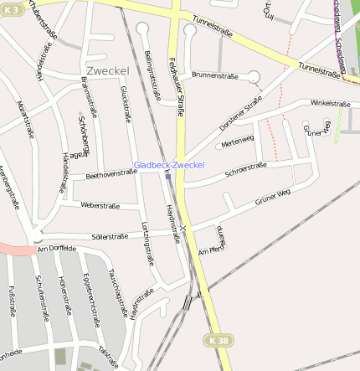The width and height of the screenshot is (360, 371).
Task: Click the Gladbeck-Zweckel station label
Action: click(x=169, y=165)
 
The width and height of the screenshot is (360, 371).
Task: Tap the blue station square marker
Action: click(x=168, y=176)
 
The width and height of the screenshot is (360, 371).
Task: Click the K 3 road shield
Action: click(x=12, y=7)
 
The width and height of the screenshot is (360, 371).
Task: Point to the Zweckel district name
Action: click(x=106, y=70)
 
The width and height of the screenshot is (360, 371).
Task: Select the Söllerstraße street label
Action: click(x=110, y=236)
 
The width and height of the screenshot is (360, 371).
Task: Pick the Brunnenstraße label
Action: click(x=215, y=75)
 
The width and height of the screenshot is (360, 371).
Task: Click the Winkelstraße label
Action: click(x=329, y=103)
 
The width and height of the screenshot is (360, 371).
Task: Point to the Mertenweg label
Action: click(x=238, y=142)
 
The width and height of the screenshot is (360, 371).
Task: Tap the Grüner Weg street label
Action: click(x=272, y=198)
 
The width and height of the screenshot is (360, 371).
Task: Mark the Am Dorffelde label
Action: click(x=57, y=249)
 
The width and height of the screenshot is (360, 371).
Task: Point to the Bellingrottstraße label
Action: click(x=152, y=76)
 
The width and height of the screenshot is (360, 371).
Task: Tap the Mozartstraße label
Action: click(x=26, y=118)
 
